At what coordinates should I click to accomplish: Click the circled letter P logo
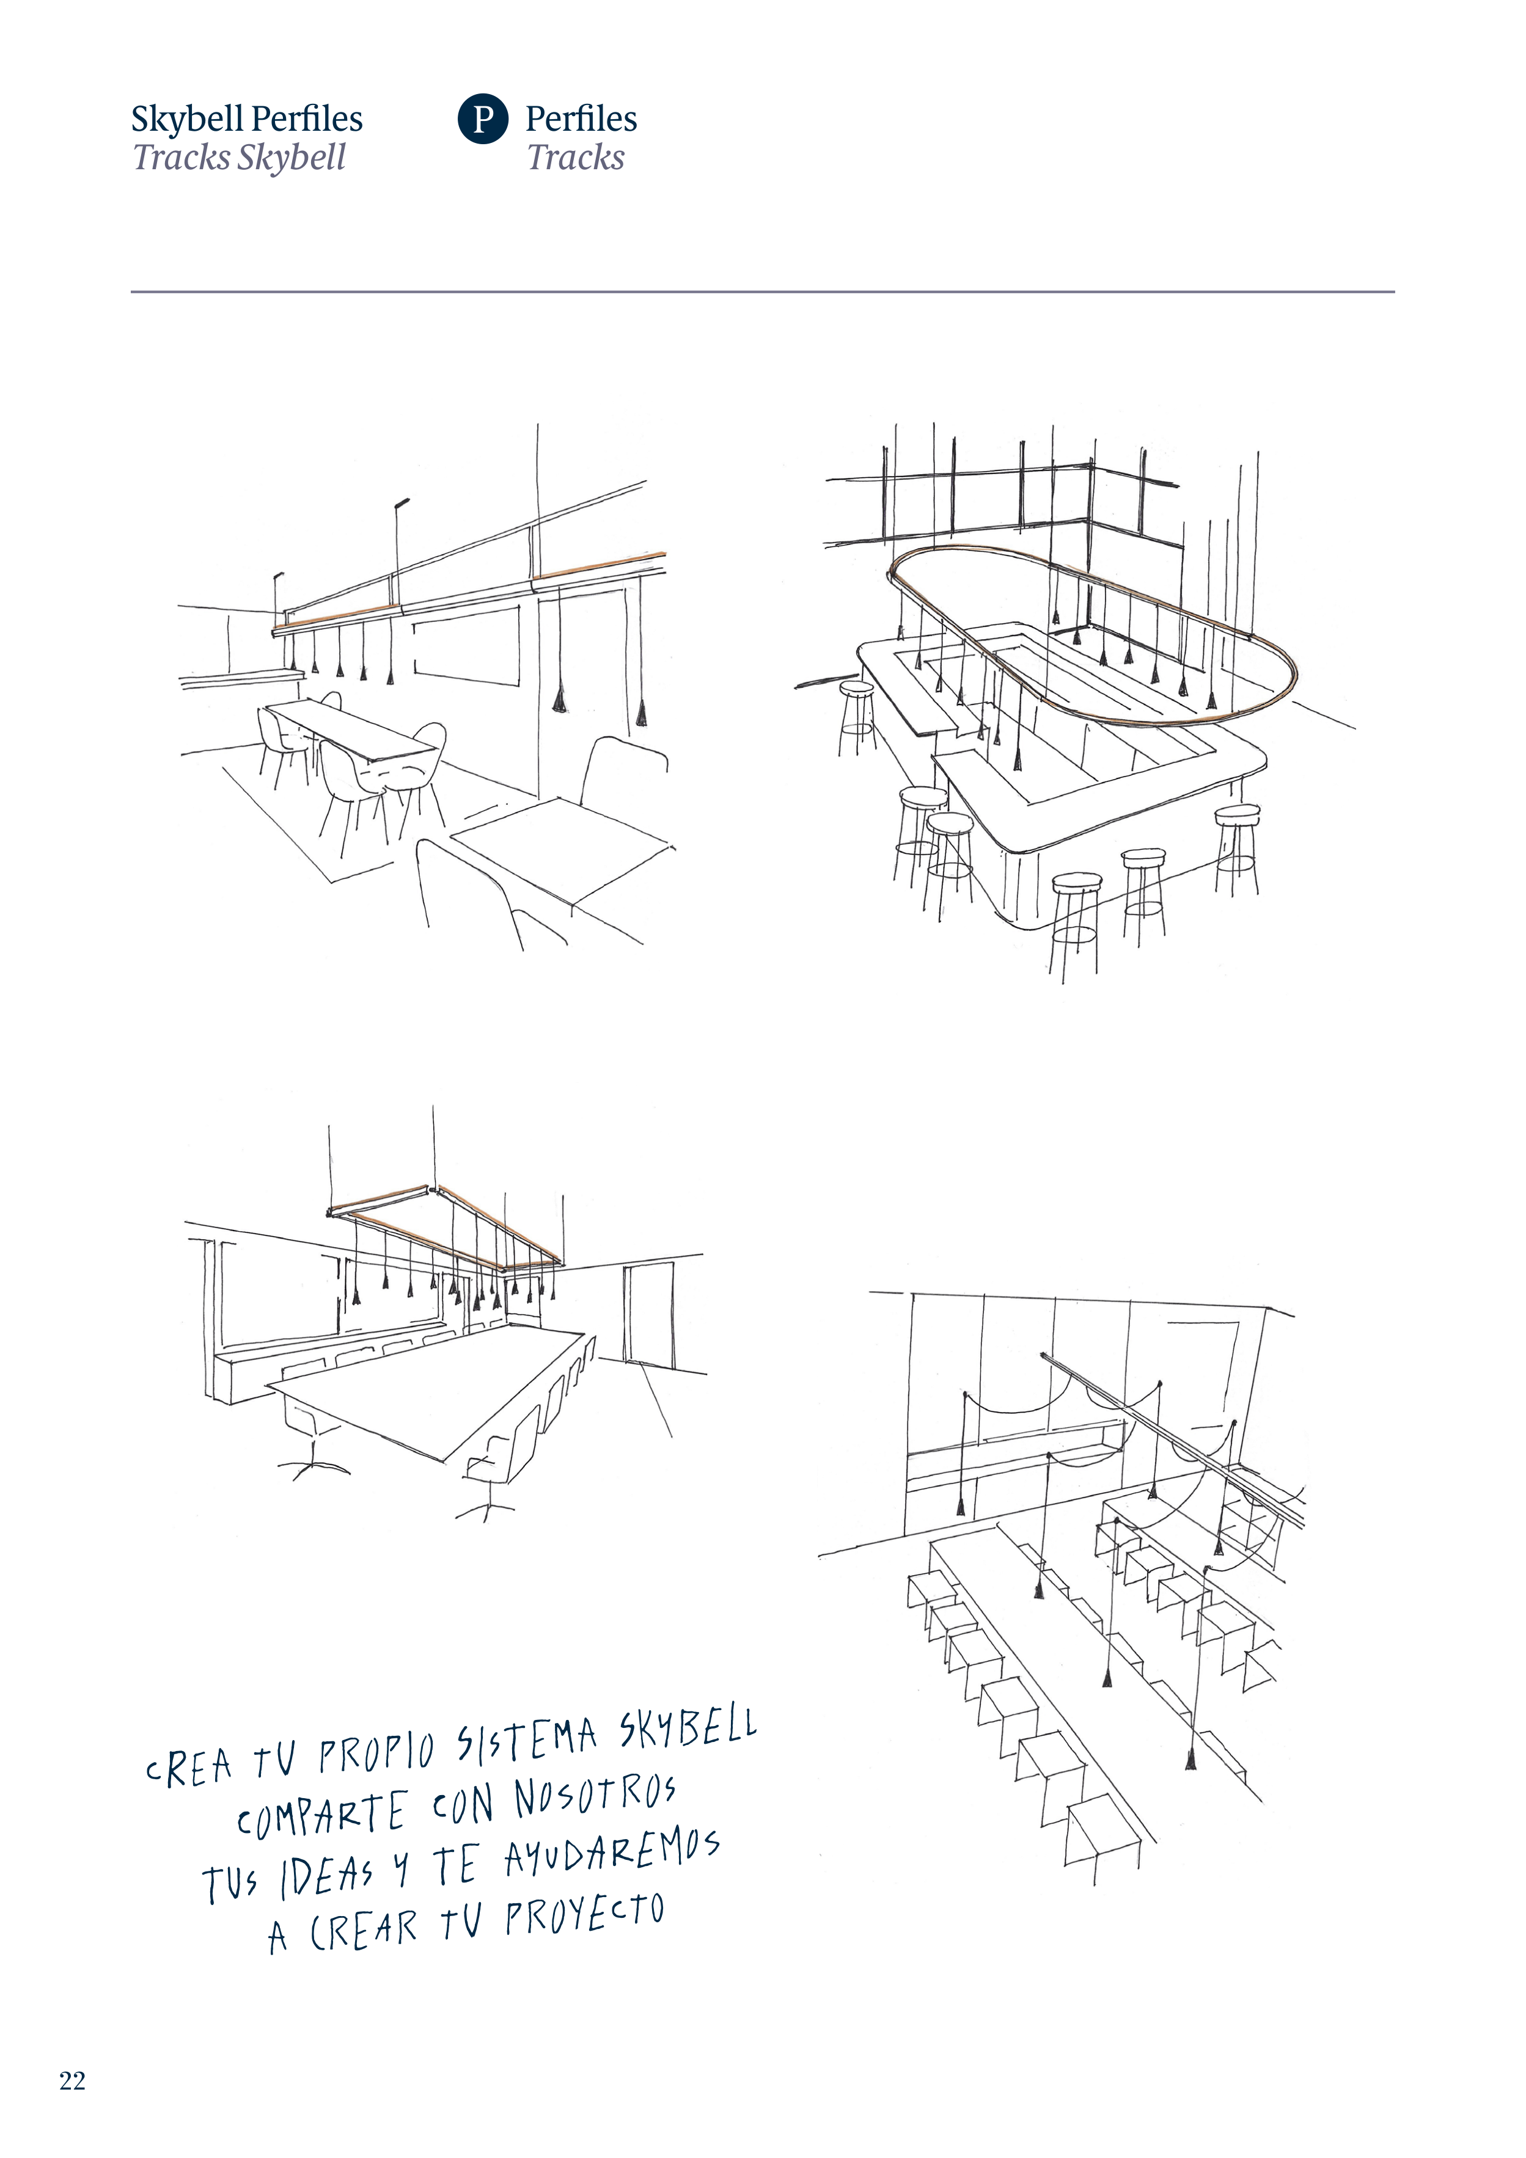483,119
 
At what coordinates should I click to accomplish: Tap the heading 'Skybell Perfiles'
246,119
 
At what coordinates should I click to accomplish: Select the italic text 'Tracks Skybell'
239,157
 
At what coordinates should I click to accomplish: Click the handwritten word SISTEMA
527,1739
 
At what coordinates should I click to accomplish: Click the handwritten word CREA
188,1767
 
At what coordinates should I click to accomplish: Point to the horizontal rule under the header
763,291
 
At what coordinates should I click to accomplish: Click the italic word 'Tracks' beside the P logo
576,157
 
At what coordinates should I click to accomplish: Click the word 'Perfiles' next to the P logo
581,119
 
